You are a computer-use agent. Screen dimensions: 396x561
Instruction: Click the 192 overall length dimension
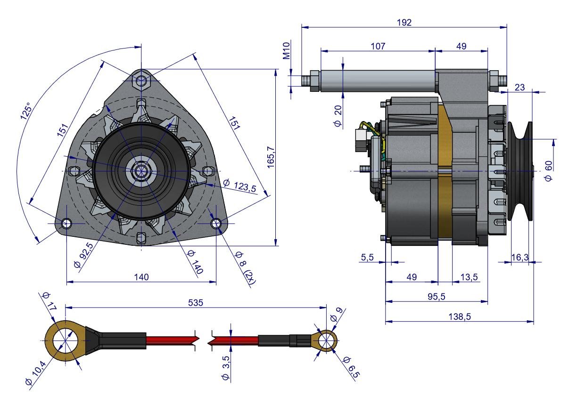(x=404, y=22)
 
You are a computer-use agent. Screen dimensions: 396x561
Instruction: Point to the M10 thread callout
(x=287, y=50)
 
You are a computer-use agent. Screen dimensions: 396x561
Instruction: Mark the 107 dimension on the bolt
(x=378, y=46)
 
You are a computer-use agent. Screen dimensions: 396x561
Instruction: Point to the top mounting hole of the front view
(x=141, y=81)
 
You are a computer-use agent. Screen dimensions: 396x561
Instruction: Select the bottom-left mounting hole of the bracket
(x=66, y=223)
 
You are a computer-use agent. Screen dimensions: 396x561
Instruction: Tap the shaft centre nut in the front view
(x=140, y=171)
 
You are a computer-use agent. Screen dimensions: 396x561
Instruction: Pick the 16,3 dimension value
(x=520, y=257)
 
